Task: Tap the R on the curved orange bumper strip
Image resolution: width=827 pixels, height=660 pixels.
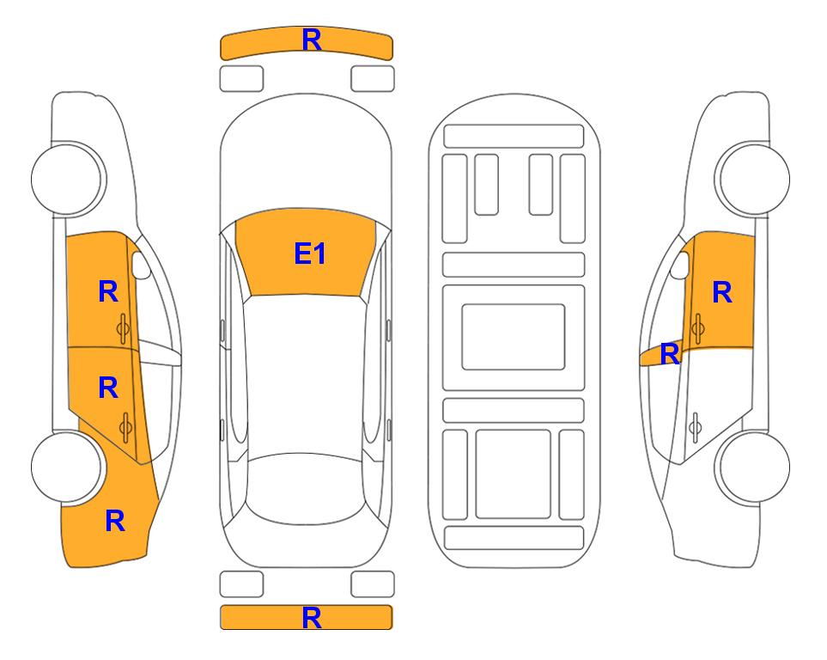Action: (312, 40)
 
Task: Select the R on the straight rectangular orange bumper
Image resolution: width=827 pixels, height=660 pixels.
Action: (312, 617)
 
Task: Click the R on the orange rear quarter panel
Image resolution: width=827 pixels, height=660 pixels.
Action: (115, 521)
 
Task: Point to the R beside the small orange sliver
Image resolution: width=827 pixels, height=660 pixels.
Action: (670, 354)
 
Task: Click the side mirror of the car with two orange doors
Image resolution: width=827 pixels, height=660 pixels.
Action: (140, 265)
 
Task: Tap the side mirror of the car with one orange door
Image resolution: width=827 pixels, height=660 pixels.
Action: (680, 265)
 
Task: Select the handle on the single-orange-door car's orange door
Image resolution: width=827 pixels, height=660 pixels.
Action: (698, 328)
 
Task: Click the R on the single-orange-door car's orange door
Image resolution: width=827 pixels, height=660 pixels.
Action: (722, 292)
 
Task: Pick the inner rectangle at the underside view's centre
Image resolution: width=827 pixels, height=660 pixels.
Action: (514, 337)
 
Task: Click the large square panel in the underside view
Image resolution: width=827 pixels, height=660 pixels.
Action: (514, 474)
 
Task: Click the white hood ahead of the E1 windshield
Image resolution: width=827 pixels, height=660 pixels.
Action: (306, 158)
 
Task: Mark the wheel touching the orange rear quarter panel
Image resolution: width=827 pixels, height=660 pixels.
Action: (67, 467)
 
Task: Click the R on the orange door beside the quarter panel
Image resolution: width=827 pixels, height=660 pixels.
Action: (108, 388)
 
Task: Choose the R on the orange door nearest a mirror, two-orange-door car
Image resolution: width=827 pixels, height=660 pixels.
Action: (108, 291)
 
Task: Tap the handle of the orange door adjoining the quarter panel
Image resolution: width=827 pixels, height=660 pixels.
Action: (125, 428)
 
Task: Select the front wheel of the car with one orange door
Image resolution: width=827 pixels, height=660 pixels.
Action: (753, 179)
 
